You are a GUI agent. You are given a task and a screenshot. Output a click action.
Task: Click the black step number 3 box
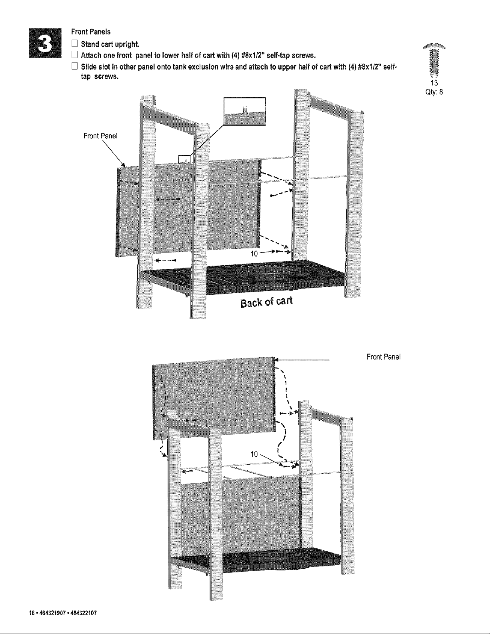tap(45, 43)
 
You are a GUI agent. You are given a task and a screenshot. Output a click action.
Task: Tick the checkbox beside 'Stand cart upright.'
tap(75, 44)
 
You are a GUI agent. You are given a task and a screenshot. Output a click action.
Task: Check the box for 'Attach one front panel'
tap(75, 55)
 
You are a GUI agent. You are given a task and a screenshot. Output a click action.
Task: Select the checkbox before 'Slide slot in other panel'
tap(75, 66)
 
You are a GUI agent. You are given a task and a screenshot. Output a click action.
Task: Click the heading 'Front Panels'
tap(91, 32)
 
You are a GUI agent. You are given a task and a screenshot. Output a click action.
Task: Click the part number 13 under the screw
tap(434, 83)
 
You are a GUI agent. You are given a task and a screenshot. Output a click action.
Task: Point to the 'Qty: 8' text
tap(434, 92)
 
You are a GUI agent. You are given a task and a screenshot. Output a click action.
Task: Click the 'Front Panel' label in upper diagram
tap(100, 136)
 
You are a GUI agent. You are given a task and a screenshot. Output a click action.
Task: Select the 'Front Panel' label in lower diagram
tap(384, 357)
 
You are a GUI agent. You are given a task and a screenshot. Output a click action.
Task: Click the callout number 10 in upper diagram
tap(254, 254)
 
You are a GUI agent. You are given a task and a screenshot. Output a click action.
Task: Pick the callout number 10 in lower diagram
tap(254, 454)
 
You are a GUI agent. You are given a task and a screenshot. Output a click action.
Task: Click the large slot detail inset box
tap(245, 112)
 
